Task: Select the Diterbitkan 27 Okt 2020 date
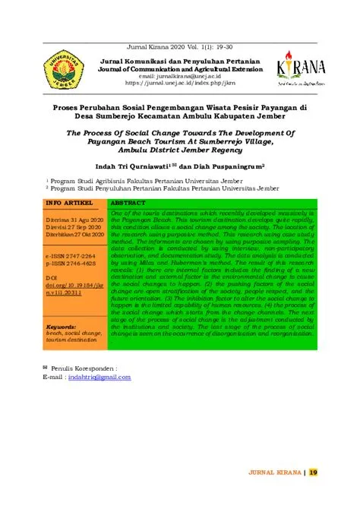pos(74,234)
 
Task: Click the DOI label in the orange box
pos(52,277)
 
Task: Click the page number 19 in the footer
pos(313,472)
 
